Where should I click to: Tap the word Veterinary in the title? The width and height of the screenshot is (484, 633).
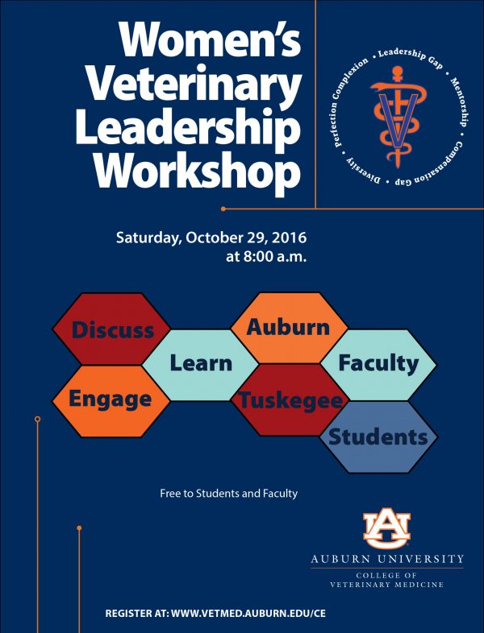pos(194,85)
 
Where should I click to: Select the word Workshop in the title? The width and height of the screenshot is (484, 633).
pos(198,171)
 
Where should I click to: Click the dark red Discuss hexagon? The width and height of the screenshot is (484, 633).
pos(111,329)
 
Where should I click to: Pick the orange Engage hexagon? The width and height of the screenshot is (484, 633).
pos(111,401)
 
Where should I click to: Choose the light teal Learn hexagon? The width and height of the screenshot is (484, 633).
pos(201,365)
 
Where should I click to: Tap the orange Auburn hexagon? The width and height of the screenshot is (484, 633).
pos(289,328)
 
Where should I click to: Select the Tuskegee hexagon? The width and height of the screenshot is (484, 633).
pos(290,399)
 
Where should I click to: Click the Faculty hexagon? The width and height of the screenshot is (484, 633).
pos(378,365)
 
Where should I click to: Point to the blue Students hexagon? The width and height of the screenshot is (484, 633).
pos(378,436)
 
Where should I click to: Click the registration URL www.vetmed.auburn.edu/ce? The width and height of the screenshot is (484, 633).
pos(248,613)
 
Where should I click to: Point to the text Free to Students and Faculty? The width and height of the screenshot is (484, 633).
pos(228,494)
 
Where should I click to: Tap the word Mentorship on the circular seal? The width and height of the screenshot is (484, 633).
pos(461,101)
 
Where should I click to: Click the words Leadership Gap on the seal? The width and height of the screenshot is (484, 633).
pos(411,57)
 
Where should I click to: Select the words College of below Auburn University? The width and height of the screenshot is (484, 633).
pos(386,575)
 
